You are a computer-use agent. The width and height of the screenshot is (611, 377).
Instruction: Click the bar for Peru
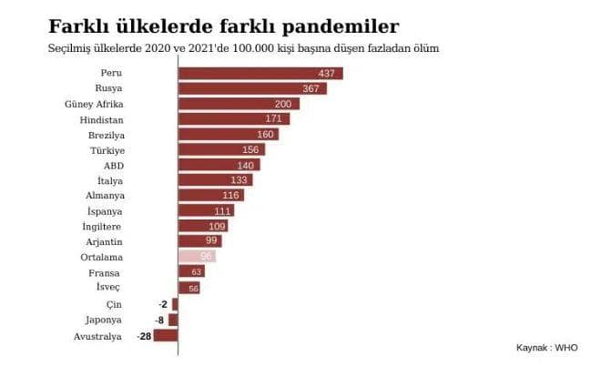coord(260,73)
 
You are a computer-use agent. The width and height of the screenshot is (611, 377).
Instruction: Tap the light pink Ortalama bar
coord(197,257)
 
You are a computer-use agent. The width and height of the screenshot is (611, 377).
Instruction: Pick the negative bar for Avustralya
coord(165,336)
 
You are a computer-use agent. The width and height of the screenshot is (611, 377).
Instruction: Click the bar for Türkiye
coord(221,149)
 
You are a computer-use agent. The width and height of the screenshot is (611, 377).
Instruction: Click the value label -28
coord(144,336)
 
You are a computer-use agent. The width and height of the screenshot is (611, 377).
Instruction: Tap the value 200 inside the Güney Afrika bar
coord(282,104)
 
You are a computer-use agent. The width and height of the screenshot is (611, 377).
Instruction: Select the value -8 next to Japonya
coord(159,320)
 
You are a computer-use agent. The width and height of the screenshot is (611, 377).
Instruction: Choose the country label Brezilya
coord(105,134)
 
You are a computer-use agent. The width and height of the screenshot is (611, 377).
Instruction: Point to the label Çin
coord(115,303)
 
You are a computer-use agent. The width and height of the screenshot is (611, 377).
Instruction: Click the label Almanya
coord(105,196)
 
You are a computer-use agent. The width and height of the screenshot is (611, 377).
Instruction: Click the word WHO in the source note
coord(566,347)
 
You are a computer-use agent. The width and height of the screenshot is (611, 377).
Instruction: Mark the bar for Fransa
coord(191,271)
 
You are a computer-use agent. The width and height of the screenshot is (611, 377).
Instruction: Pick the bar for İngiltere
coord(203,226)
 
